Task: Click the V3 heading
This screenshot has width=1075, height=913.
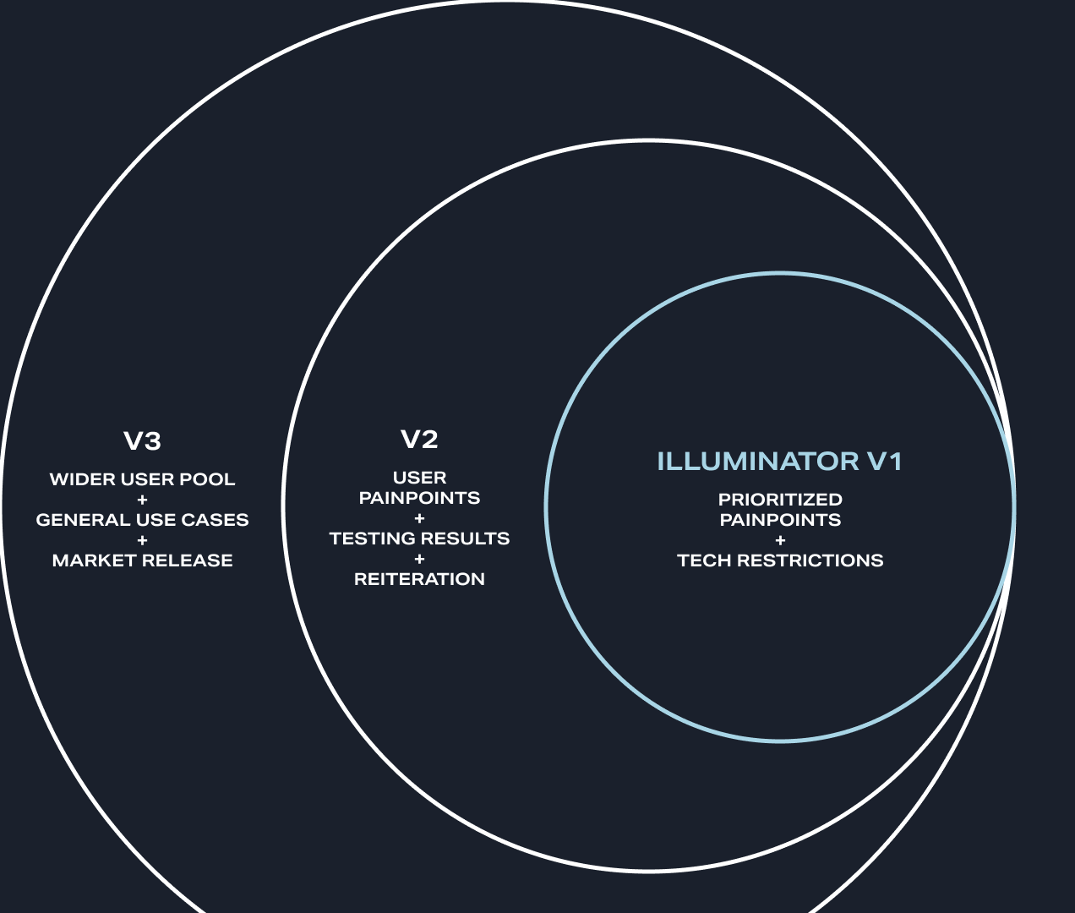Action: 142,441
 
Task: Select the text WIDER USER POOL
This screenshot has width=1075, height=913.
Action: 142,479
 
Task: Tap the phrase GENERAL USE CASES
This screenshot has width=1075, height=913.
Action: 142,520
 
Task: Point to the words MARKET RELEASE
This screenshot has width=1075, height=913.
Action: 142,560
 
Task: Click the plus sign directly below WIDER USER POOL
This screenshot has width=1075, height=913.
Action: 142,500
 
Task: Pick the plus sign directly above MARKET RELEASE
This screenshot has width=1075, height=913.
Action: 142,540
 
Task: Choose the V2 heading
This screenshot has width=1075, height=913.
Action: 419,440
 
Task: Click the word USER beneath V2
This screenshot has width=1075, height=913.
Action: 419,478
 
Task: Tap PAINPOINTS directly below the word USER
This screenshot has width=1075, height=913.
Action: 419,498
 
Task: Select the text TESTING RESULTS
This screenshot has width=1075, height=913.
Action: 419,539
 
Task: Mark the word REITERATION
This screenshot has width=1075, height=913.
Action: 419,579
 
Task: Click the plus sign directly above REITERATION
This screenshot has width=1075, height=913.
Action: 419,559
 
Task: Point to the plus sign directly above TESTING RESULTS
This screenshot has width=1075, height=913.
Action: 419,518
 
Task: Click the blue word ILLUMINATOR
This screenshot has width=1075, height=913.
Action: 757,462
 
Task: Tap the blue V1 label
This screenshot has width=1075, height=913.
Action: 884,462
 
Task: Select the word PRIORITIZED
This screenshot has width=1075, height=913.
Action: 780,500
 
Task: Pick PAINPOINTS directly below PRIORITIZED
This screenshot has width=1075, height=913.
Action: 780,520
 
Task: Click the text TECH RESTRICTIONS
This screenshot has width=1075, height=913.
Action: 780,560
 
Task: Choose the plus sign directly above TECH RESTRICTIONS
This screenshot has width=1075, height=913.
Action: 780,540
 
